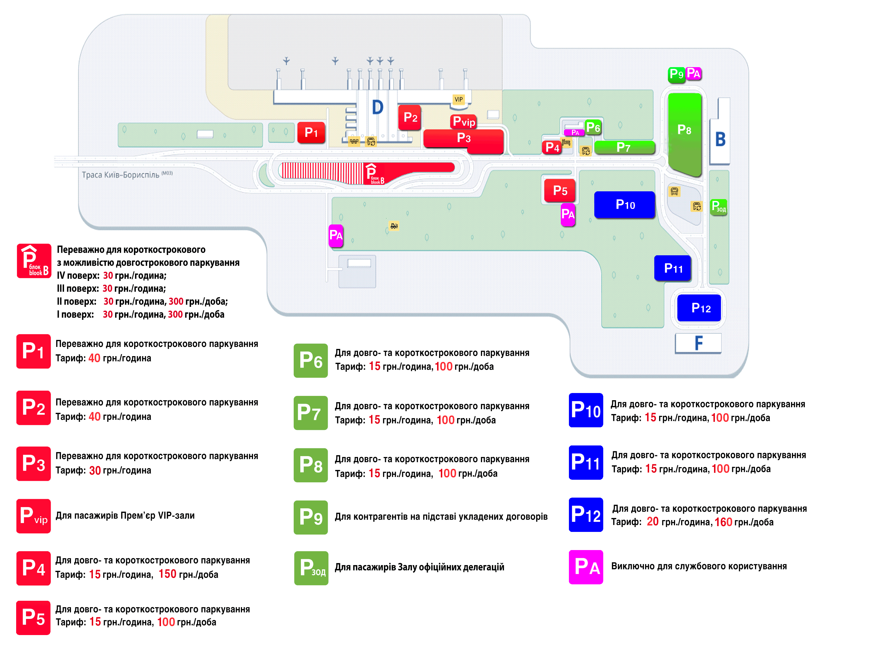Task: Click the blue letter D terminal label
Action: pos(377,107)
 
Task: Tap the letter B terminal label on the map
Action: pos(720,139)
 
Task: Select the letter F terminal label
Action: pos(698,343)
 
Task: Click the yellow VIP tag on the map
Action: pos(458,99)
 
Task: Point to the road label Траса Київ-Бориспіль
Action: pos(121,175)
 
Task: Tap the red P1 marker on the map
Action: pos(311,133)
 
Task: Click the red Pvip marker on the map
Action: pos(464,122)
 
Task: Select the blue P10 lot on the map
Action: pos(624,205)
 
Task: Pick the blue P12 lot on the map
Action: pos(699,308)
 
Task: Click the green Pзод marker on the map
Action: pos(718,207)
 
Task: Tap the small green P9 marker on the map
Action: pos(676,74)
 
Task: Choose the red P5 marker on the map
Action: pos(560,190)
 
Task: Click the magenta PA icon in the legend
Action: pos(586,567)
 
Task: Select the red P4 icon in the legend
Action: pos(33,568)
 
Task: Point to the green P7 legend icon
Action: pos(310,413)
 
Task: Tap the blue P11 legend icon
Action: pos(586,463)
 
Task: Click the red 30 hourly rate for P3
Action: pos(95,471)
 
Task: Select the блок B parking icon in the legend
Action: pos(34,261)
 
